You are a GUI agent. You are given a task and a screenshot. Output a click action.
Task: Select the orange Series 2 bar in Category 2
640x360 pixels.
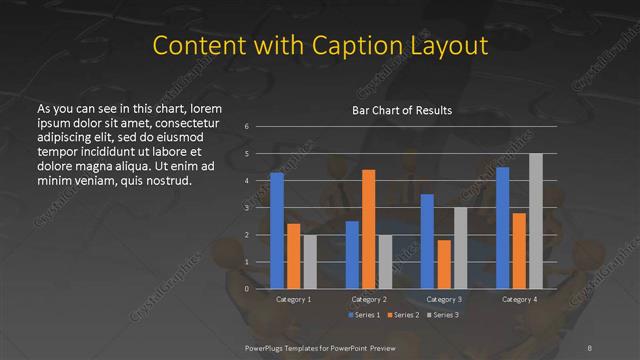coord(368,229)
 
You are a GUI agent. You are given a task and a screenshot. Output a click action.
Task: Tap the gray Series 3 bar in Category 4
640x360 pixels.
coord(536,221)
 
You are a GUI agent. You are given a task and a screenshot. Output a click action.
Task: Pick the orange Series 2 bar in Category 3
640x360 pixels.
coord(444,264)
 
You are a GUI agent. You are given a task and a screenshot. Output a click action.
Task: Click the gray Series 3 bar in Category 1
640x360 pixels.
coord(310,262)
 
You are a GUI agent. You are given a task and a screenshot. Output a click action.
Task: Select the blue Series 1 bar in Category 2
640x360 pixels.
coord(352,255)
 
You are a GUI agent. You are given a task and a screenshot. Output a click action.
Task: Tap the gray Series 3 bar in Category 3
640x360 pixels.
coord(460,248)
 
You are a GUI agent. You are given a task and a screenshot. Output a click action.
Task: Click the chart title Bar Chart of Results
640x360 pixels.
coord(402,110)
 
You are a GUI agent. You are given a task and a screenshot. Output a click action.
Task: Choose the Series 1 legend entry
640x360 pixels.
coord(362,315)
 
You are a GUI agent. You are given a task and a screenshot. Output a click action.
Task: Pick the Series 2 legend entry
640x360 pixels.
coord(400,315)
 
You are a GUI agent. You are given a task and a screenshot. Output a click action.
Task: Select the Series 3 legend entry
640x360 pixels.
coord(440,315)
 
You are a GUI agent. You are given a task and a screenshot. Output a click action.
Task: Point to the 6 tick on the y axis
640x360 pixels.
coord(246,127)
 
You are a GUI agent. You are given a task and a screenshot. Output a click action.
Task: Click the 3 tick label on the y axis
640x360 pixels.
coord(246,208)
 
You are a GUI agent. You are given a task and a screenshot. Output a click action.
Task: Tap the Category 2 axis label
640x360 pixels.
coord(369,299)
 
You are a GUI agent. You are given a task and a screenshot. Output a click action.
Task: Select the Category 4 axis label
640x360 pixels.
coord(519,299)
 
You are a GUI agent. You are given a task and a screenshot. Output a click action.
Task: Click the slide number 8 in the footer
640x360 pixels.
coord(589,347)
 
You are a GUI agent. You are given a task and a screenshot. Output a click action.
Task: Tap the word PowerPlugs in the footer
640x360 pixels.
coord(267,347)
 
